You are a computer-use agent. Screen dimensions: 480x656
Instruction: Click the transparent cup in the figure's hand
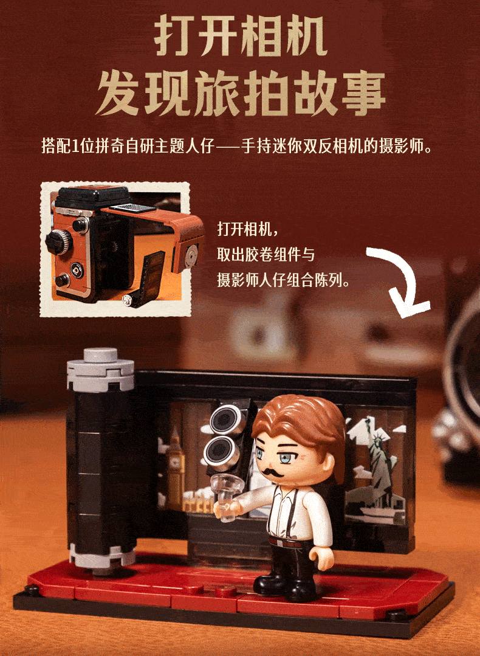pyautogui.click(x=227, y=496)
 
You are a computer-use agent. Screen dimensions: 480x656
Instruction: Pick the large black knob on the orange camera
pyautogui.click(x=58, y=242)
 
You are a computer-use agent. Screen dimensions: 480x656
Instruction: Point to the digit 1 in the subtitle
pyautogui.click(x=75, y=147)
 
